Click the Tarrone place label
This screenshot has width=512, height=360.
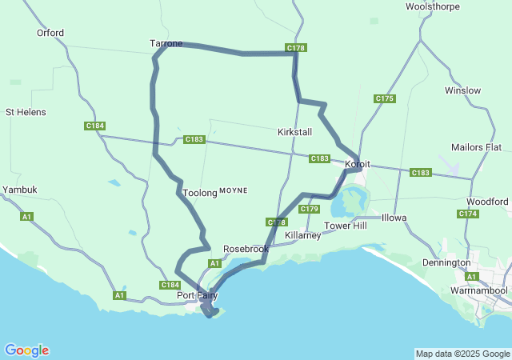pos(166,43)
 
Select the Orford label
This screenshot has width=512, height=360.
pos(50,33)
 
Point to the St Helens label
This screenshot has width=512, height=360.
pos(26,112)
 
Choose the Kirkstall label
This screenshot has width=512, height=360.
pos(294,131)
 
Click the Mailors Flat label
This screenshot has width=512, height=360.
pos(476,147)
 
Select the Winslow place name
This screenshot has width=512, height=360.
pos(463,90)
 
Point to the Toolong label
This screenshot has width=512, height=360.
pos(199,193)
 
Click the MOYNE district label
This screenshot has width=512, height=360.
pos(234,190)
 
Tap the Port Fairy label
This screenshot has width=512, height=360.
pos(197,295)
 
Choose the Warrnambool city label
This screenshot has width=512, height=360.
pos(478,290)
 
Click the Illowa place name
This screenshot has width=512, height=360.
pos(394,218)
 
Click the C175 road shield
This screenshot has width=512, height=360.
pos(384,98)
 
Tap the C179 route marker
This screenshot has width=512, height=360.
pos(310,209)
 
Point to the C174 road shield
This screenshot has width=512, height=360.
pos(468,214)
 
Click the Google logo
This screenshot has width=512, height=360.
pos(26,350)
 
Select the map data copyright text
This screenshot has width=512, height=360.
pos(462,354)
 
